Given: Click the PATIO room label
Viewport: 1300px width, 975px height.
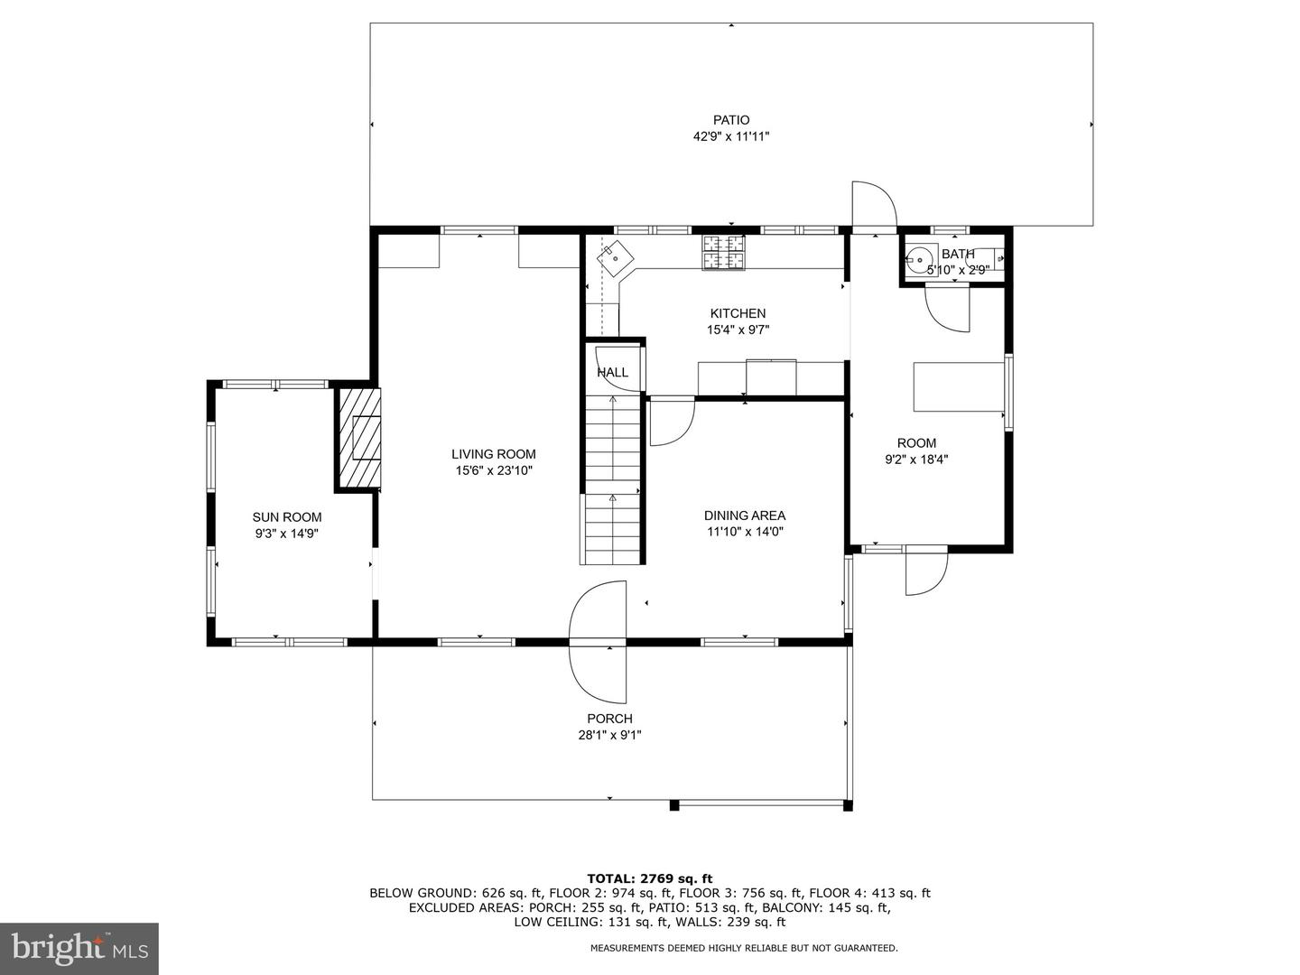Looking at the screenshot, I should click(x=730, y=120).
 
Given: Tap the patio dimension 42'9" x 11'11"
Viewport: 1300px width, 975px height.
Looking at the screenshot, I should click(x=730, y=136).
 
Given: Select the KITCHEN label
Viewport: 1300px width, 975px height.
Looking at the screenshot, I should click(x=738, y=313).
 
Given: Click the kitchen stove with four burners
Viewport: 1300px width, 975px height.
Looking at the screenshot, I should click(x=725, y=252).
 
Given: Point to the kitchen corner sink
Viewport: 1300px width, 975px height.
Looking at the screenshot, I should click(x=615, y=256).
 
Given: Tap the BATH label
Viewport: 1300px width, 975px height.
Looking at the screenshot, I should click(x=958, y=254).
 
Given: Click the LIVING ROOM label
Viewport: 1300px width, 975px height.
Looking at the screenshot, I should click(x=494, y=454).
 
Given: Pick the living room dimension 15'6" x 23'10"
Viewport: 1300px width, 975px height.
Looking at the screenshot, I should click(x=494, y=470).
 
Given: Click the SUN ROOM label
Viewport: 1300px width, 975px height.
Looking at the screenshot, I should click(x=287, y=517).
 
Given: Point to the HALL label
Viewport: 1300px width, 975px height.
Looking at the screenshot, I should click(x=612, y=372).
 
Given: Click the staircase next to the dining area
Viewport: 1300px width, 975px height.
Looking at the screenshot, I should click(x=612, y=478).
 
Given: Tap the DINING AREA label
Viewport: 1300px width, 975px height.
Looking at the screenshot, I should click(x=745, y=515).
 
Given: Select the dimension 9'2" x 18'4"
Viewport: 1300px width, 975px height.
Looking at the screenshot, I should click(x=916, y=459).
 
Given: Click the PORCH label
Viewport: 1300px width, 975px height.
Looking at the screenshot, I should click(x=609, y=719).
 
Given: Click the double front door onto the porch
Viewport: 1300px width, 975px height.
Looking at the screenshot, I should click(x=599, y=642).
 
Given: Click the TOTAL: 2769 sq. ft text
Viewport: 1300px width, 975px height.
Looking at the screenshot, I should click(x=649, y=877).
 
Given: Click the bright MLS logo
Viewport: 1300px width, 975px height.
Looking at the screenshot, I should click(x=79, y=948).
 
